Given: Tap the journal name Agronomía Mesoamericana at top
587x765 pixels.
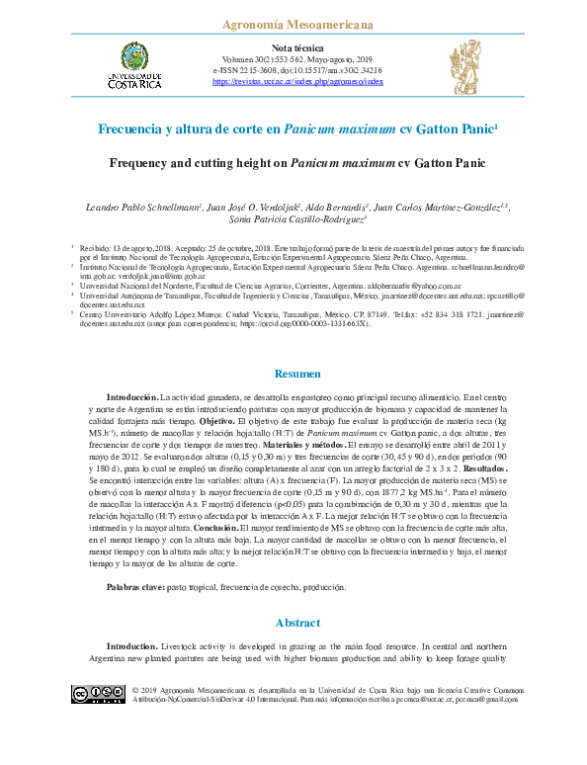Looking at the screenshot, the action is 293,22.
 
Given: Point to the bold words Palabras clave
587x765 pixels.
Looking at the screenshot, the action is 137,587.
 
